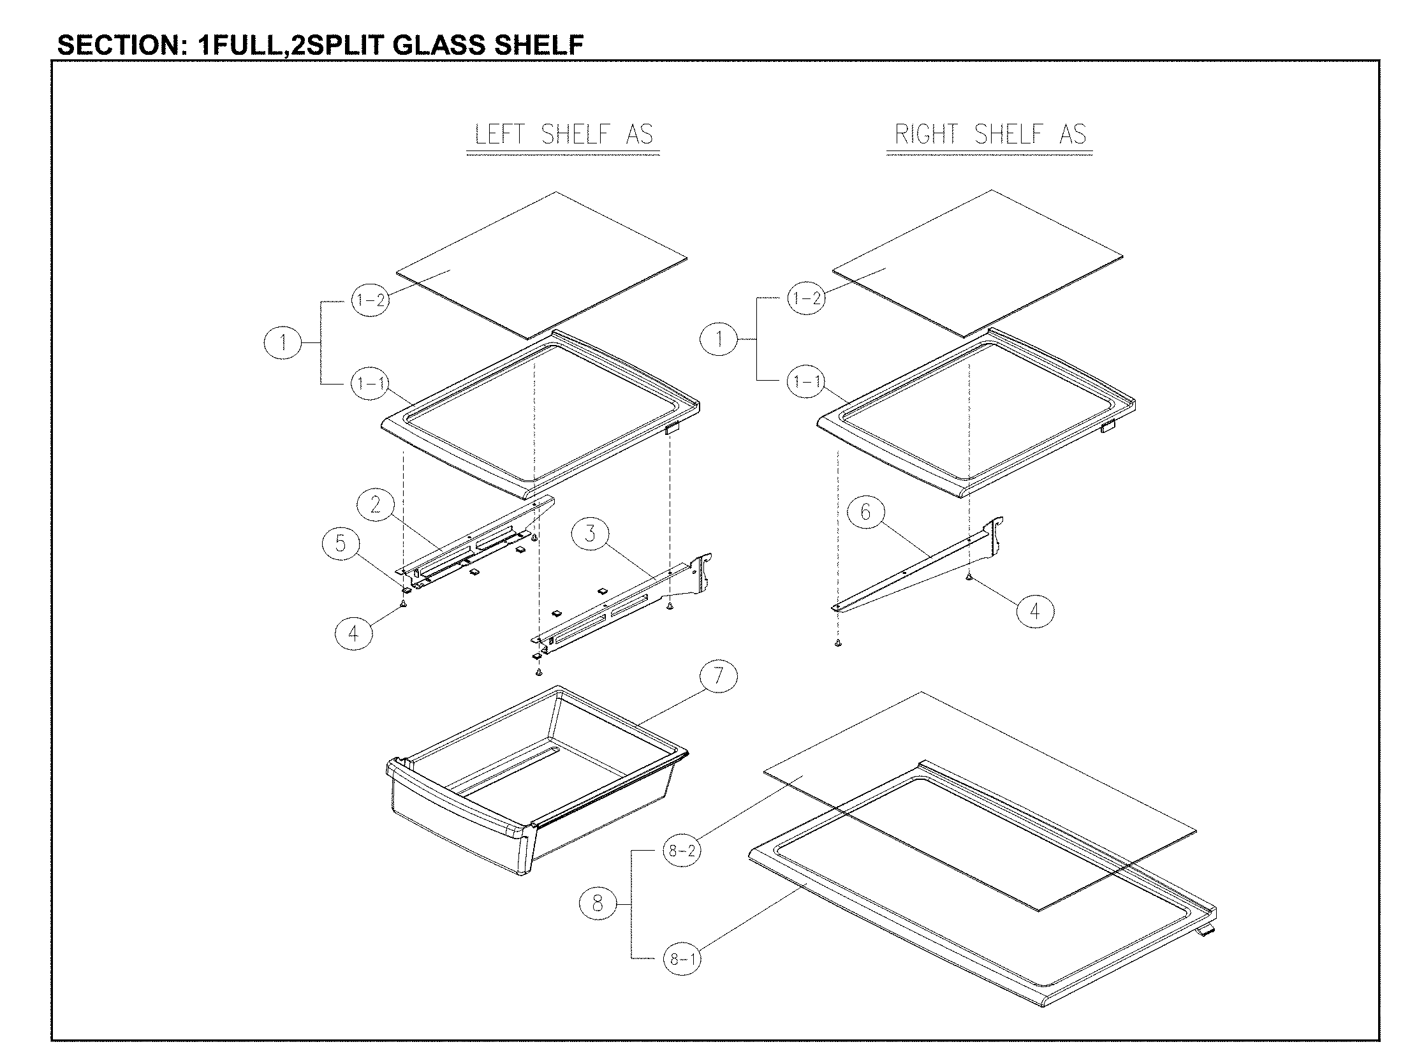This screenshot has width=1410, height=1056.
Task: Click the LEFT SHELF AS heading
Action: (x=564, y=135)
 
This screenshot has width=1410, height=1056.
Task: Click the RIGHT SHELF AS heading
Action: (x=990, y=134)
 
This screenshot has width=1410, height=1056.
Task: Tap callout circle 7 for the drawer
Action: (x=719, y=676)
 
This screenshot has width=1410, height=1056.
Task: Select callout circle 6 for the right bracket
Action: (x=865, y=512)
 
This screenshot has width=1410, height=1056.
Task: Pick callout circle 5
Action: (x=341, y=544)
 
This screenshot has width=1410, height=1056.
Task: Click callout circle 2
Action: (x=375, y=506)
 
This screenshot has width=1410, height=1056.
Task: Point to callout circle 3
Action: (x=590, y=534)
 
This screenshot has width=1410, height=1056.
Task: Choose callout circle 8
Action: (x=598, y=904)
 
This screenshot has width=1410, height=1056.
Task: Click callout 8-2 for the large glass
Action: (x=682, y=851)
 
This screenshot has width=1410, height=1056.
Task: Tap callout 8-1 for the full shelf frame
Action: (x=682, y=959)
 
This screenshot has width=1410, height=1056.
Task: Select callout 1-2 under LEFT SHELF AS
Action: (x=370, y=300)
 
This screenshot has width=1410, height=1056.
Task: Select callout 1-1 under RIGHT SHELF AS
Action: (x=806, y=381)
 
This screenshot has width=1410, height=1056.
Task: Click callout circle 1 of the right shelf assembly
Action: (x=719, y=339)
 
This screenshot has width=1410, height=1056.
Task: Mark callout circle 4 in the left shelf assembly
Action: (x=353, y=633)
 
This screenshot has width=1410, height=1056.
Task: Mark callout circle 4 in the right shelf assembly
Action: (x=1034, y=612)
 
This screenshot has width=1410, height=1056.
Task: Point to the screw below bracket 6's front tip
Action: (x=837, y=645)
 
